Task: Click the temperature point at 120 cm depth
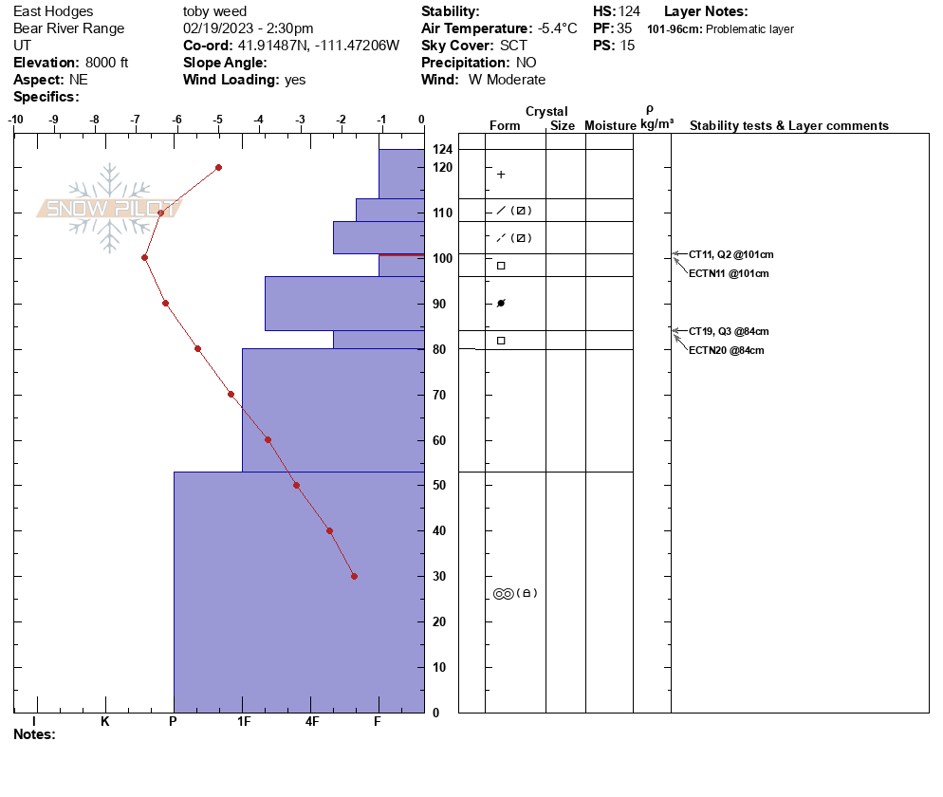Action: [218, 167]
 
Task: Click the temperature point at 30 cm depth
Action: [354, 576]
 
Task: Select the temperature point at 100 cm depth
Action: [144, 257]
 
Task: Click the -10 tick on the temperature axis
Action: [15, 120]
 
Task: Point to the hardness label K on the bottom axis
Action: [105, 721]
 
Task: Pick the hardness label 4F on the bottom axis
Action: [312, 721]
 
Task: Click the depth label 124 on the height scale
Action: [443, 150]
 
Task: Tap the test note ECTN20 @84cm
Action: [726, 350]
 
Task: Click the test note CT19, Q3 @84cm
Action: [729, 331]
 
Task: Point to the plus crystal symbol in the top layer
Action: [501, 175]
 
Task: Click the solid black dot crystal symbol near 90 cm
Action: [501, 304]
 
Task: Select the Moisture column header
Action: [610, 125]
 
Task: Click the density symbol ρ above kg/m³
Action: [650, 109]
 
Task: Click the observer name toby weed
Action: [214, 11]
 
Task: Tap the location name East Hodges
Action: [53, 11]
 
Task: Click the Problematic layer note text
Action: [749, 29]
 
